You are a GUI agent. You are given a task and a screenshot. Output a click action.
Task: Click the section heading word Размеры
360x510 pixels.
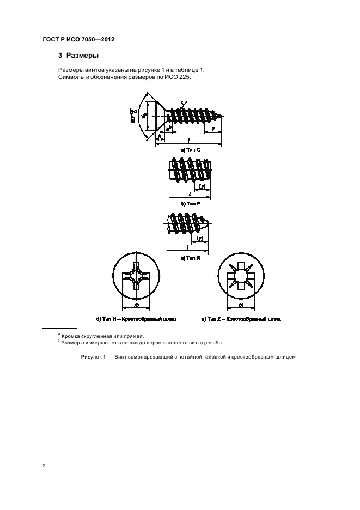pyautogui.click(x=83, y=56)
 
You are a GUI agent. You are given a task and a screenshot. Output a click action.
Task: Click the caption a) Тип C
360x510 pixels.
pyautogui.click(x=189, y=149)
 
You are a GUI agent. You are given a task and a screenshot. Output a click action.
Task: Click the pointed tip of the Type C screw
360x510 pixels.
pyautogui.click(x=222, y=116)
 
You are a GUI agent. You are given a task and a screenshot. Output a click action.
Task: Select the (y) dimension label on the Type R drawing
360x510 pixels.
pyautogui.click(x=200, y=238)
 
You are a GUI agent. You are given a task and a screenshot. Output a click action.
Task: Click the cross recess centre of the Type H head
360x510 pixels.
pyautogui.click(x=134, y=277)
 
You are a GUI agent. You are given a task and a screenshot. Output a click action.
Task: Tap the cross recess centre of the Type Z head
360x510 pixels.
pyautogui.click(x=241, y=277)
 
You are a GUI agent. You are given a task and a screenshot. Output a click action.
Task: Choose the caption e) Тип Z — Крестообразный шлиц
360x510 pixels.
pyautogui.click(x=241, y=318)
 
